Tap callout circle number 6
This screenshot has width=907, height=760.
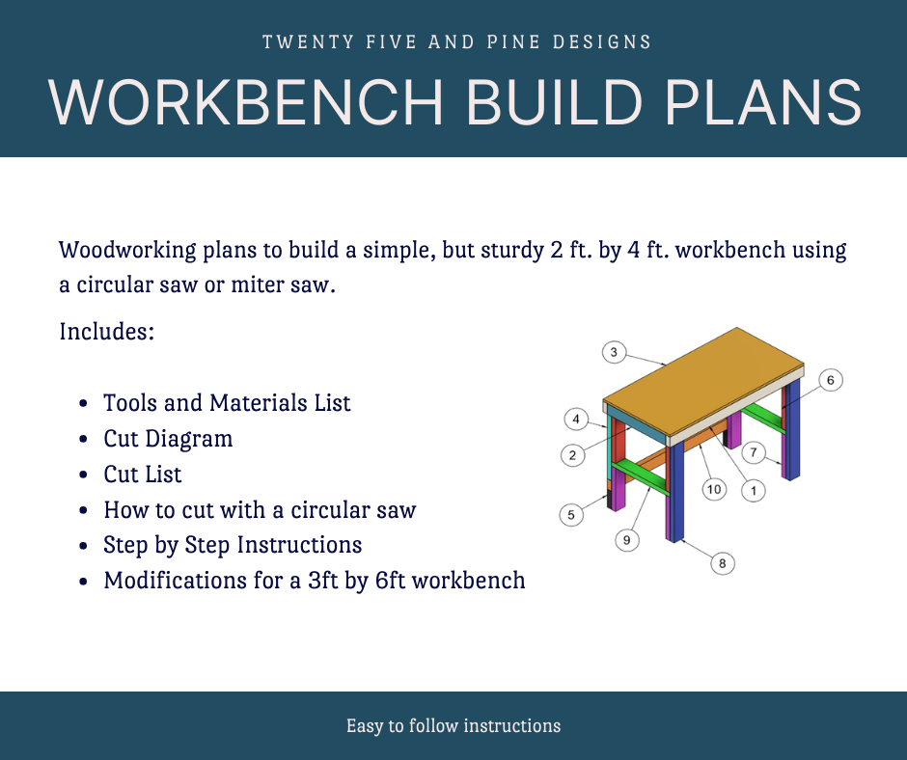click(830, 380)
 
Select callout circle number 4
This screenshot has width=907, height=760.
click(576, 420)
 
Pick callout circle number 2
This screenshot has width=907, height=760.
click(572, 455)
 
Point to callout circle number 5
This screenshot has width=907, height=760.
click(571, 515)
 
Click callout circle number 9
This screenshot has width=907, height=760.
click(627, 541)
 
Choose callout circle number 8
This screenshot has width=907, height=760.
click(723, 563)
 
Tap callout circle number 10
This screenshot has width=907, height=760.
click(714, 489)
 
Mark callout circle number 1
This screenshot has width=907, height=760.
click(753, 491)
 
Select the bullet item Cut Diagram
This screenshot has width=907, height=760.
click(168, 439)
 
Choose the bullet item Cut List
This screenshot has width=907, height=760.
click(143, 475)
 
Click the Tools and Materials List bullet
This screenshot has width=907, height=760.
click(227, 403)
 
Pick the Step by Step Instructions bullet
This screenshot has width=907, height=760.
click(233, 545)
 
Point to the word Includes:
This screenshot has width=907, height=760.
click(107, 332)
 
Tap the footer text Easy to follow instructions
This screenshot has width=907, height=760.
click(453, 725)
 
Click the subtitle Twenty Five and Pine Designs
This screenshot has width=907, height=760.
click(456, 42)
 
